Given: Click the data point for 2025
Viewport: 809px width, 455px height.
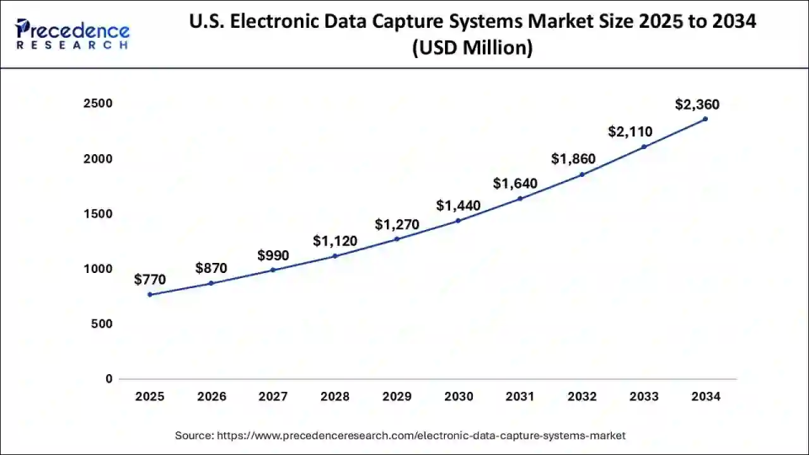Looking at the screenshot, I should (x=150, y=294).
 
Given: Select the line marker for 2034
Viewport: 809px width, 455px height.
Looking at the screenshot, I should (x=705, y=119).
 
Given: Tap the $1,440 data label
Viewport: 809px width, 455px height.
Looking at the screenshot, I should (x=458, y=206).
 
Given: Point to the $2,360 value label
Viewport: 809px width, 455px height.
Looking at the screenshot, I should (x=698, y=104).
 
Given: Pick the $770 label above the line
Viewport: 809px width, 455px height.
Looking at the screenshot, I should (x=150, y=280).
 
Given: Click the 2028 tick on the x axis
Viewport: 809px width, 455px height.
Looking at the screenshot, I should (x=335, y=396).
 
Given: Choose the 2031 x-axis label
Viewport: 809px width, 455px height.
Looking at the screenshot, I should (x=520, y=396).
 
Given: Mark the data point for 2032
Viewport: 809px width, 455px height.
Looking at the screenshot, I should (x=581, y=174).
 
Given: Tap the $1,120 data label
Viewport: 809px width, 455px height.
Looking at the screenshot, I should (x=335, y=241).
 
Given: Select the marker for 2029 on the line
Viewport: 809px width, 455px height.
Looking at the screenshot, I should (x=397, y=238).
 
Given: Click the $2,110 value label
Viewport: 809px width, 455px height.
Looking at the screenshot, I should (x=632, y=131).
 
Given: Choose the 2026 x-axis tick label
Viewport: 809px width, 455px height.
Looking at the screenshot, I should (x=212, y=396).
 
